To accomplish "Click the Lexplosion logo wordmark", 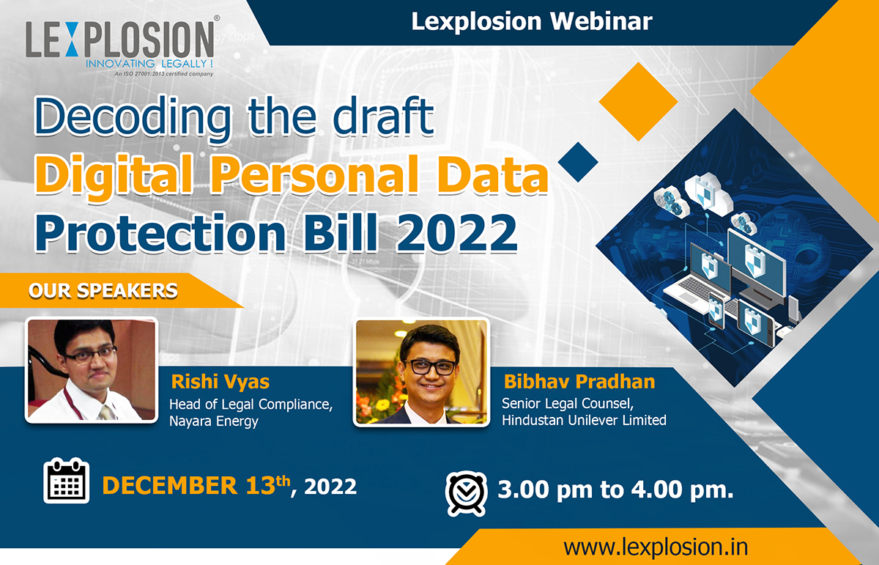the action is click(120, 40).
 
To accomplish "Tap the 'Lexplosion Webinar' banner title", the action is click(532, 21).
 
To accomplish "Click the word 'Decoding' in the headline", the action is click(133, 117).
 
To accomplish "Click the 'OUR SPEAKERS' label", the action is click(103, 291).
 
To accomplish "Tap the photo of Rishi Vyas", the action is click(92, 370).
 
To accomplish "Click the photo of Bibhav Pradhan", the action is click(421, 372).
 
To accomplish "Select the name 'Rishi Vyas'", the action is click(220, 382).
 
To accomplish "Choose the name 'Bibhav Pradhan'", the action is click(579, 382).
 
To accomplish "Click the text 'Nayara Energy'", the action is click(213, 421).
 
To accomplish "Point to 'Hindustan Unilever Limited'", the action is click(584, 421).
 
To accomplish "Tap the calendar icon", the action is click(67, 481).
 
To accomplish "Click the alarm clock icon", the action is click(467, 493).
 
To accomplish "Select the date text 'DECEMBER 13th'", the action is click(196, 485).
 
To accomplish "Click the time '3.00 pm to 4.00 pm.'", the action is click(615, 490).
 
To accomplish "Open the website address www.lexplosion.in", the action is click(656, 547).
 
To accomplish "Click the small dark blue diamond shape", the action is click(578, 162).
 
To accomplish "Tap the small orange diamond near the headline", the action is click(639, 102).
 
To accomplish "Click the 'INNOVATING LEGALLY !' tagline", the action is click(149, 64).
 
